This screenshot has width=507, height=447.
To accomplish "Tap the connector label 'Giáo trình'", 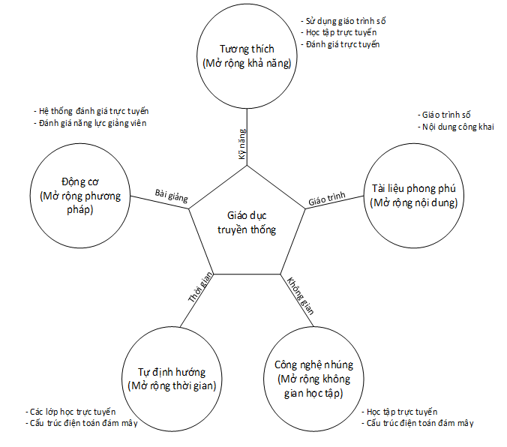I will [327, 199].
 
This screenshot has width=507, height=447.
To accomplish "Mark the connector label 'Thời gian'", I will [201, 287].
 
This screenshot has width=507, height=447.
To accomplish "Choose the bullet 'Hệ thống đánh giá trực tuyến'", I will [97, 111].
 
